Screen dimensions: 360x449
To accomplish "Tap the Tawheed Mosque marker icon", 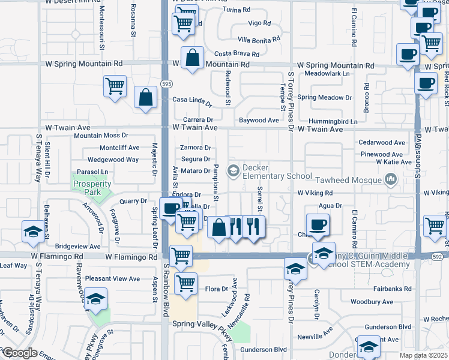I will click(391, 179).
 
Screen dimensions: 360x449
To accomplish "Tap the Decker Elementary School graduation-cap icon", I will click(234, 172).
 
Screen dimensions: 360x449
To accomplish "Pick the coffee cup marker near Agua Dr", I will click(317, 225).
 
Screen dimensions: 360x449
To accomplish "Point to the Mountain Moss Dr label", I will click(101, 136).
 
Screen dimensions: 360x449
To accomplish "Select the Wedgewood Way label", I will click(113, 160).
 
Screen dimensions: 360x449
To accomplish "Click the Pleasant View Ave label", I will click(112, 278).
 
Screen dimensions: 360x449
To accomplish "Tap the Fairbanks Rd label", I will click(390, 289).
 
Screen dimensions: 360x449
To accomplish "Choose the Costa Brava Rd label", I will click(237, 54).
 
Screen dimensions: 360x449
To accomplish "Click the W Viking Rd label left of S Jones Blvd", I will click(315, 193).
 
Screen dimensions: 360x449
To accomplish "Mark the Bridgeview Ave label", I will click(78, 246).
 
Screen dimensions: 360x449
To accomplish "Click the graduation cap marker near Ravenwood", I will click(95, 299).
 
